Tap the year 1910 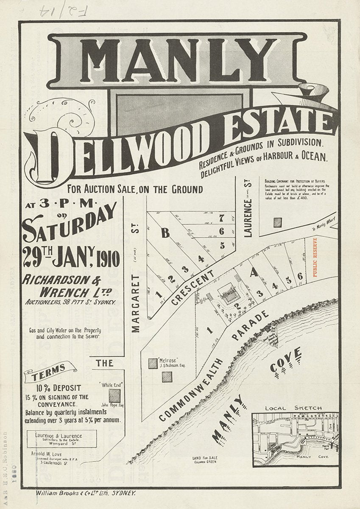pos(107,257)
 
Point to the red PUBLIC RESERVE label pos(315,257)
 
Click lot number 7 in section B pos(221,218)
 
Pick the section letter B pos(165,232)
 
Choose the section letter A pos(254,274)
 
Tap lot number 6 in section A pos(299,276)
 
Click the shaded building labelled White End pos(114,395)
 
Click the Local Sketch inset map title pos(293,408)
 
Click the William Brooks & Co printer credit pos(85,493)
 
